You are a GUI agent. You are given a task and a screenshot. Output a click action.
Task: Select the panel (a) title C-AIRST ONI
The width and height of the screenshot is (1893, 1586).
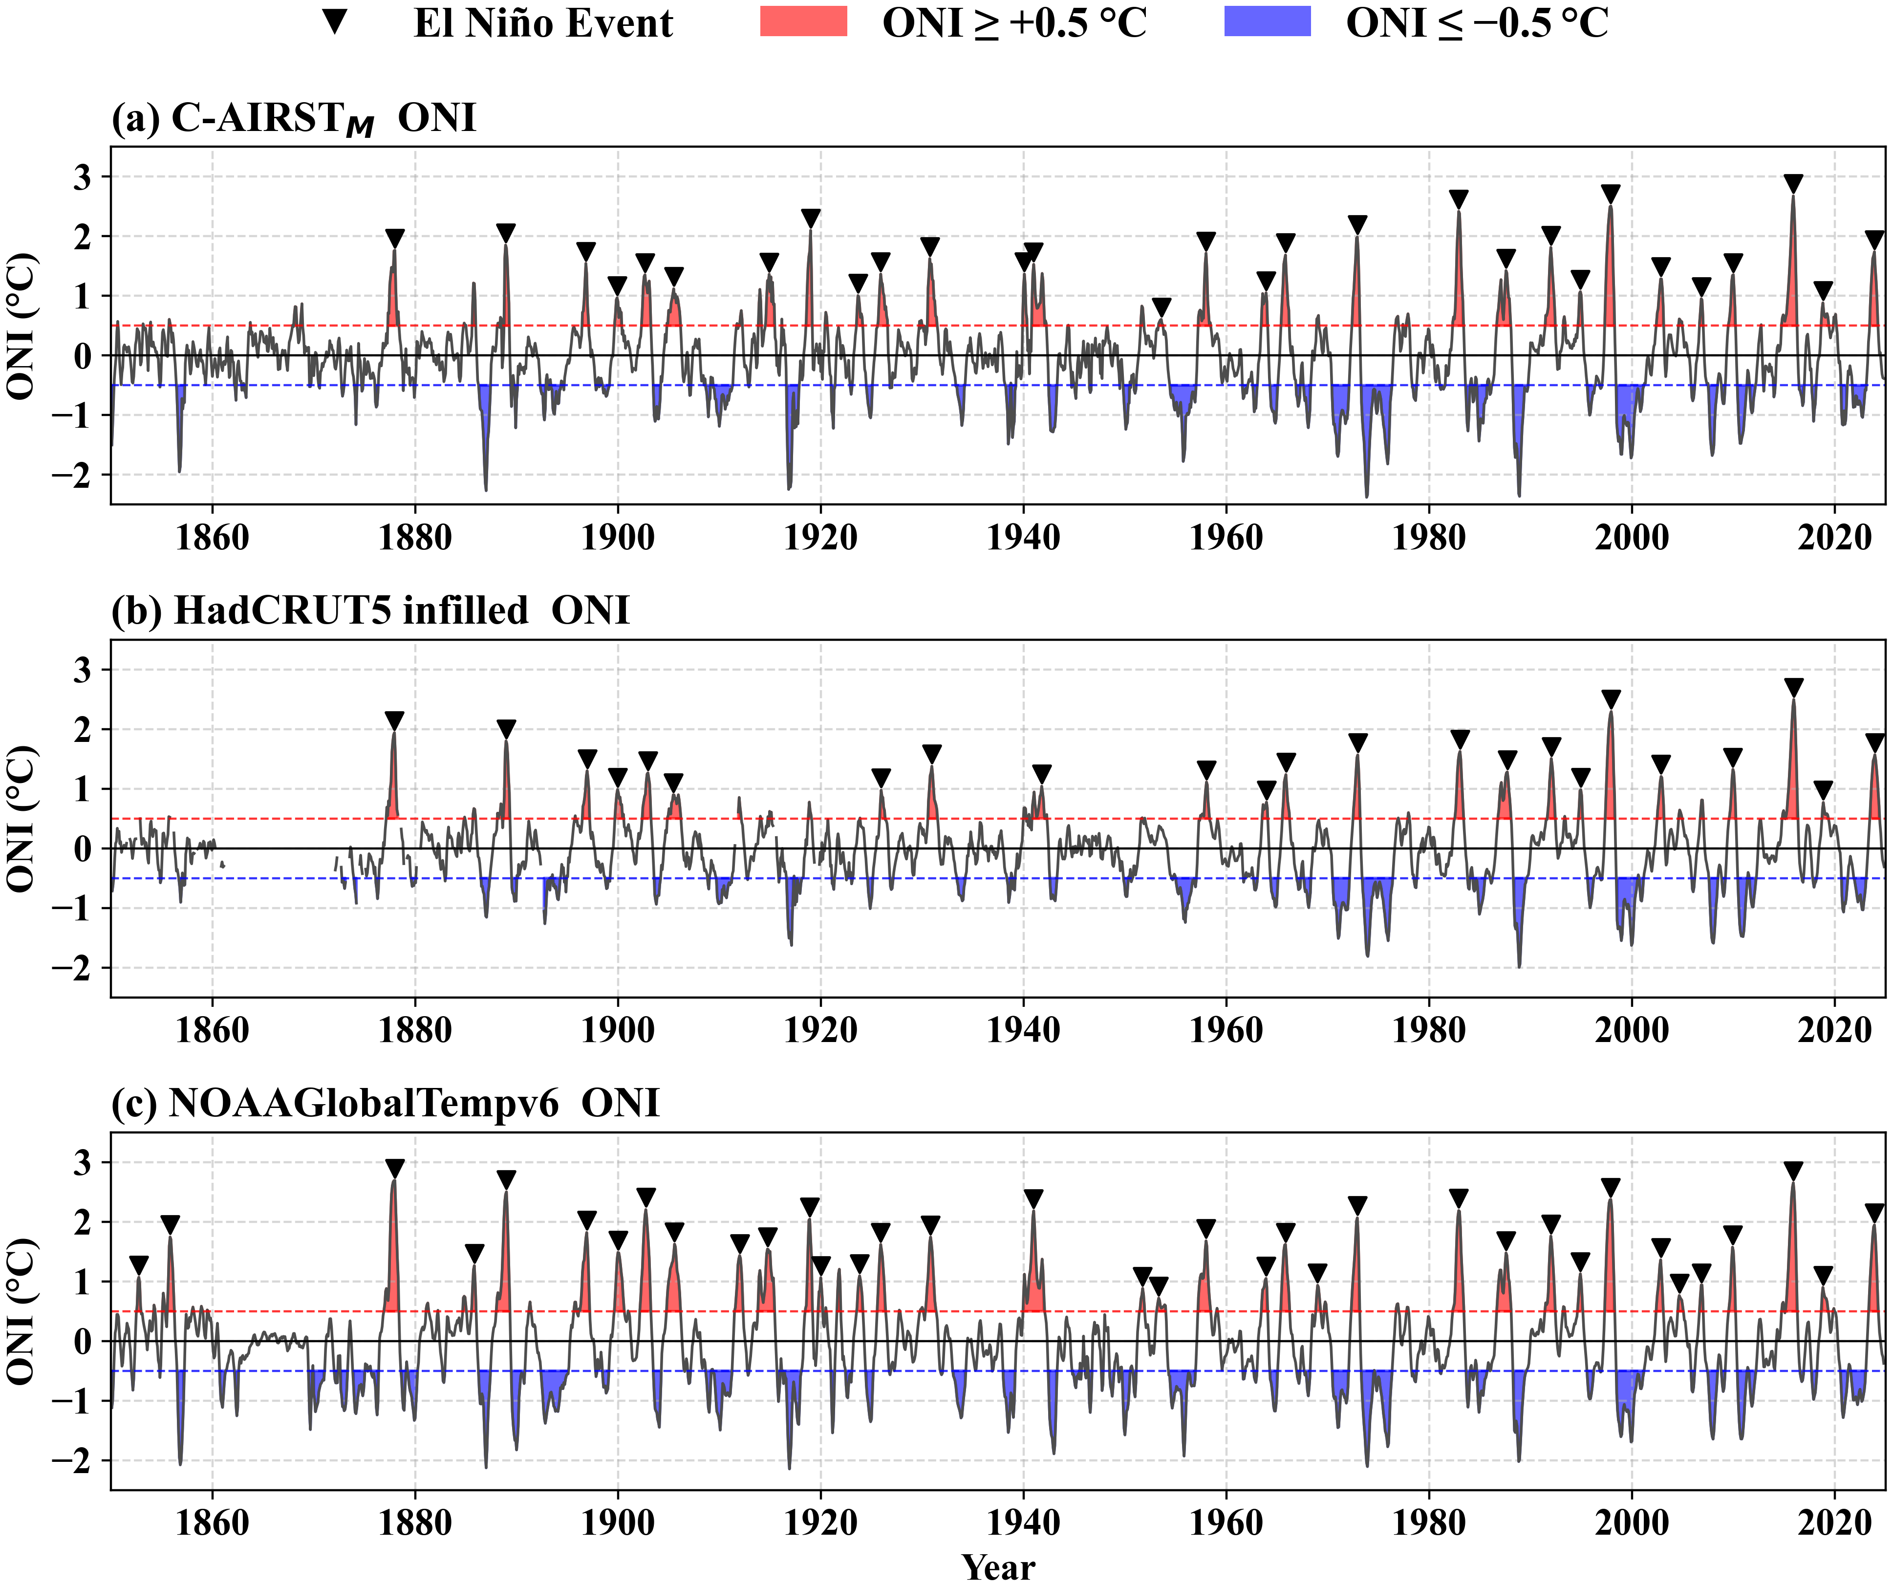294,119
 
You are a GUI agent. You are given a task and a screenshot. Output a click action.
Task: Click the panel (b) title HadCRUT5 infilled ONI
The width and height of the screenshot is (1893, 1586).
369,610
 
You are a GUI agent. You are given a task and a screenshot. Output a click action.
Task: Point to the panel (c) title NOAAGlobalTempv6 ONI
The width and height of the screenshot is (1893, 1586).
385,1103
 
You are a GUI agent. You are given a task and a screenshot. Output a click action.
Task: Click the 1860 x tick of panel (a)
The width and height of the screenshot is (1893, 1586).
212,537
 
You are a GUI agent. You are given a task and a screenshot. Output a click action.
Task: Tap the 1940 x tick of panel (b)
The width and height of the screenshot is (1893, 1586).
1023,1030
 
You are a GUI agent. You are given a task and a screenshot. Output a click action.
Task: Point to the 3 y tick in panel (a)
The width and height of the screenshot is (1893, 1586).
83,177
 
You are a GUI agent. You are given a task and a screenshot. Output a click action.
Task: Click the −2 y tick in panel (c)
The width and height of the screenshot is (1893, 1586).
72,1461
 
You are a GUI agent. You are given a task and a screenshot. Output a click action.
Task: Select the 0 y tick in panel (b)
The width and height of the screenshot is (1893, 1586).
83,848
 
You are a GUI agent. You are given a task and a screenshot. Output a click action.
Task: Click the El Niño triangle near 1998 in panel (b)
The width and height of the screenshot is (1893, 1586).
1611,699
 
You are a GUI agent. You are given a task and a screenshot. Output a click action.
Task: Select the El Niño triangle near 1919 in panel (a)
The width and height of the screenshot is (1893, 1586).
810,218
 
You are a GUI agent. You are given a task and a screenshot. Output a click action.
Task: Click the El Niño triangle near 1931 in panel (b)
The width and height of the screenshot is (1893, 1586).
932,754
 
